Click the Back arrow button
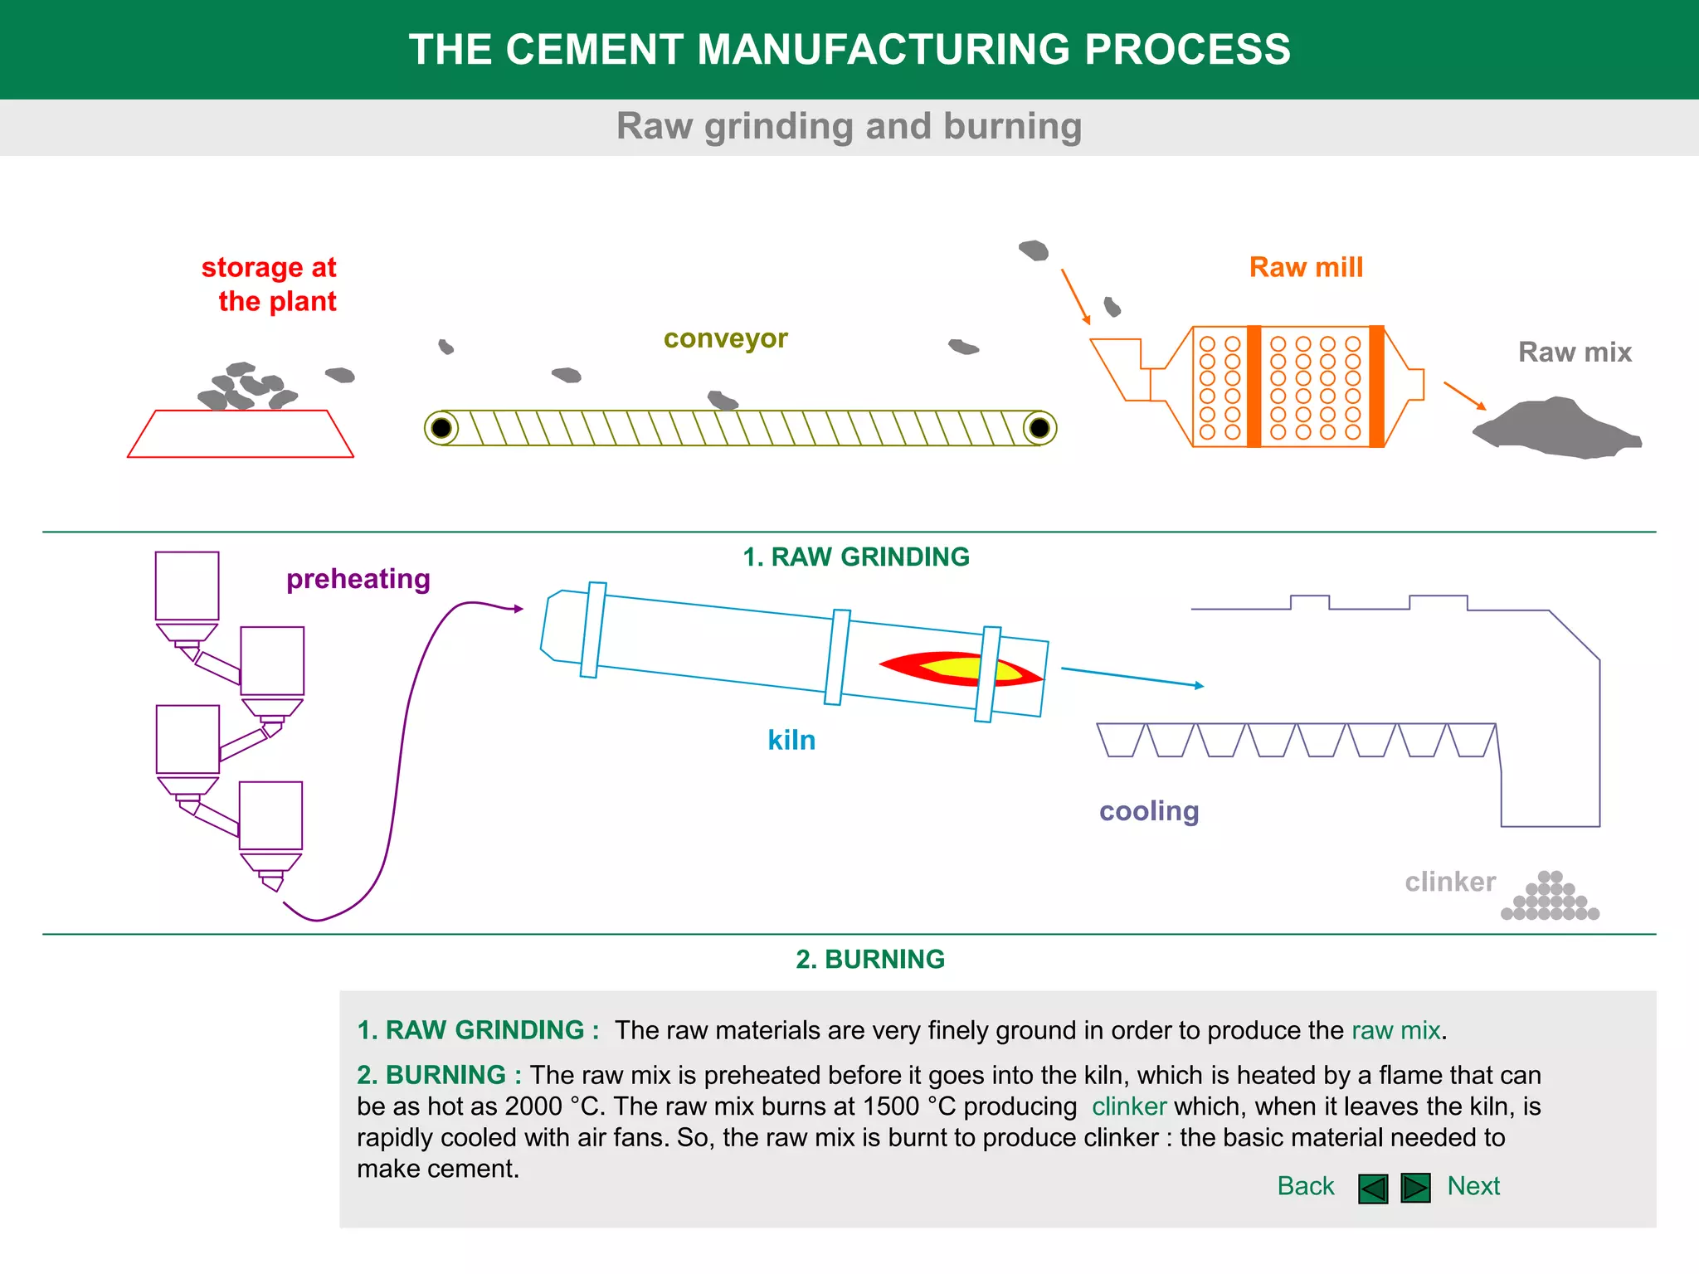[x=1373, y=1188]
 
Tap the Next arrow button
[x=1415, y=1188]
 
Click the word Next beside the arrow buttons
[x=1473, y=1186]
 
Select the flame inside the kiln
[x=960, y=669]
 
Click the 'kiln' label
[x=791, y=740]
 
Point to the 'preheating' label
[x=358, y=579]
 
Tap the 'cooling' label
[x=1149, y=811]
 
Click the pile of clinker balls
[x=1550, y=896]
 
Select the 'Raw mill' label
[x=1306, y=267]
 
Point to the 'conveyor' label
[x=725, y=338]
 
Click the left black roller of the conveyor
[x=441, y=428]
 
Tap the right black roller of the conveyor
[x=1039, y=428]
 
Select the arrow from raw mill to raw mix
[x=1464, y=396]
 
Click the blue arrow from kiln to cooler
[x=1132, y=677]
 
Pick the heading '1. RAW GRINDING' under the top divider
[x=856, y=557]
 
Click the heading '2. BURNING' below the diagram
[x=870, y=959]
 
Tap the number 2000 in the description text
[x=533, y=1106]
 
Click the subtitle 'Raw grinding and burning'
[x=849, y=126]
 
